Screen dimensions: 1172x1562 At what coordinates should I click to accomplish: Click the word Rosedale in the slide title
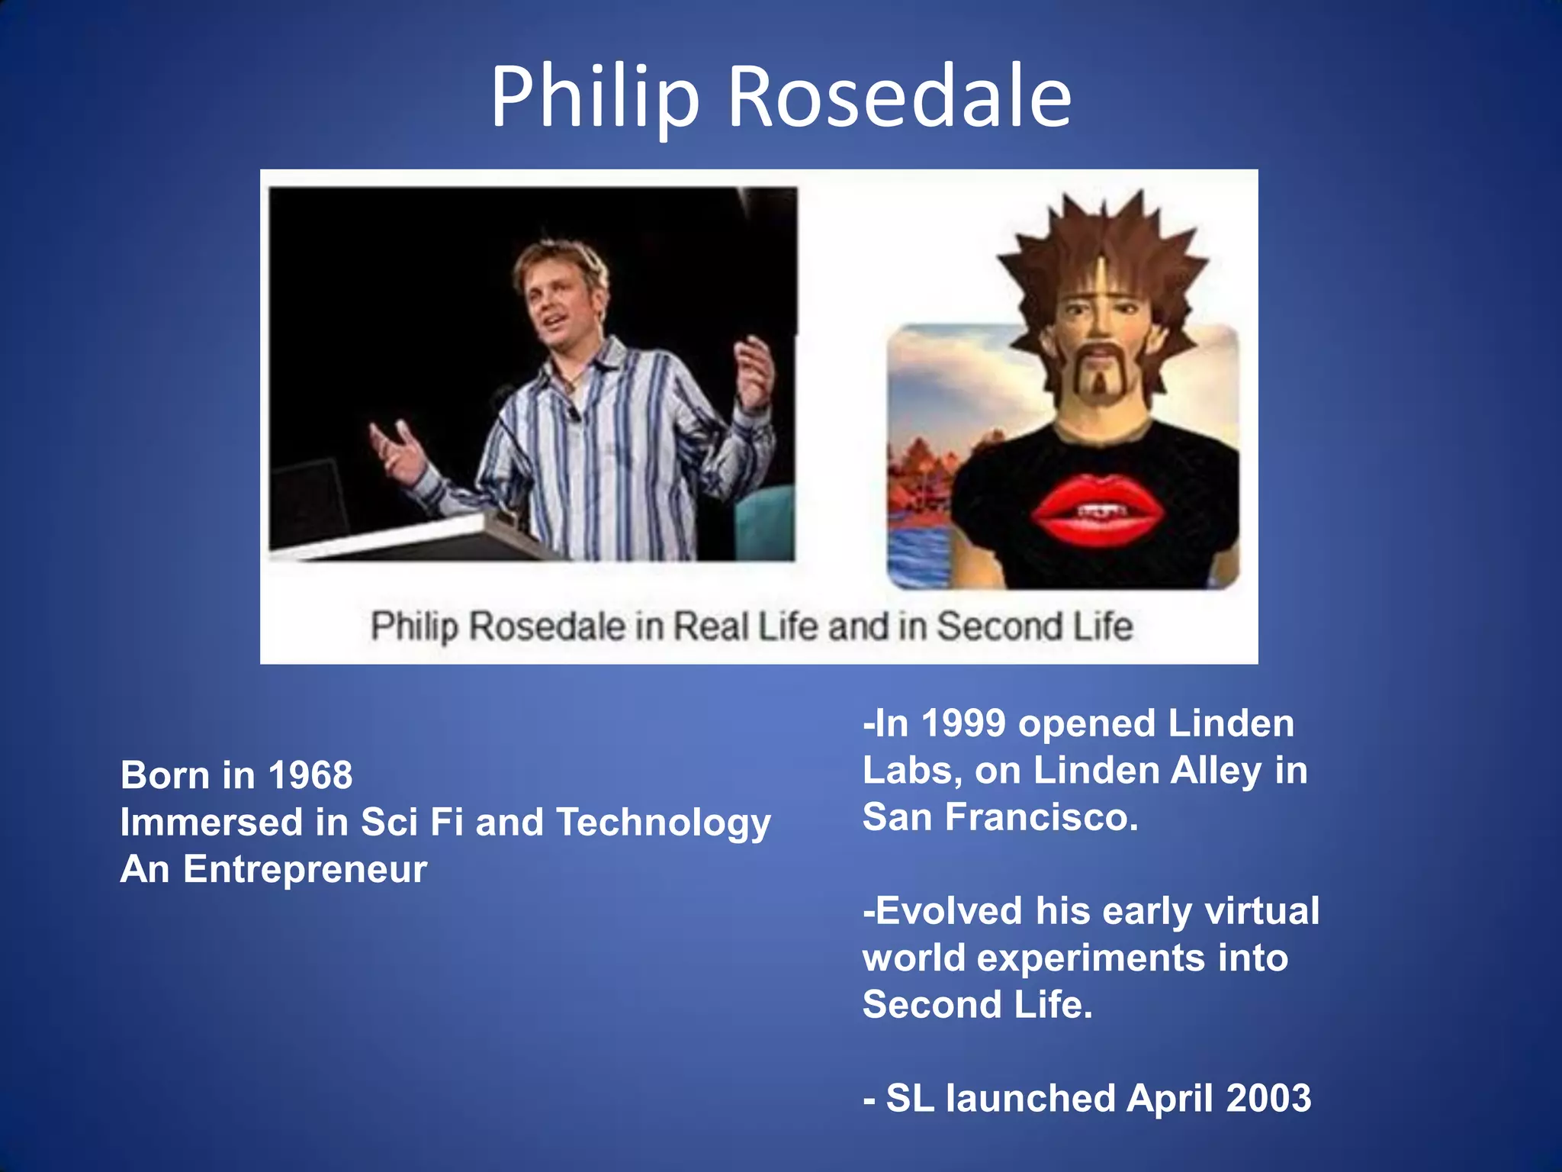click(x=900, y=98)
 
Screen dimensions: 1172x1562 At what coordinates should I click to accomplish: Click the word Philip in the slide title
click(x=595, y=98)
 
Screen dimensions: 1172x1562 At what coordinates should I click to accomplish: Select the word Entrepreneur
click(x=305, y=869)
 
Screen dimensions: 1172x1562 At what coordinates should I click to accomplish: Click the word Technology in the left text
click(x=664, y=823)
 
